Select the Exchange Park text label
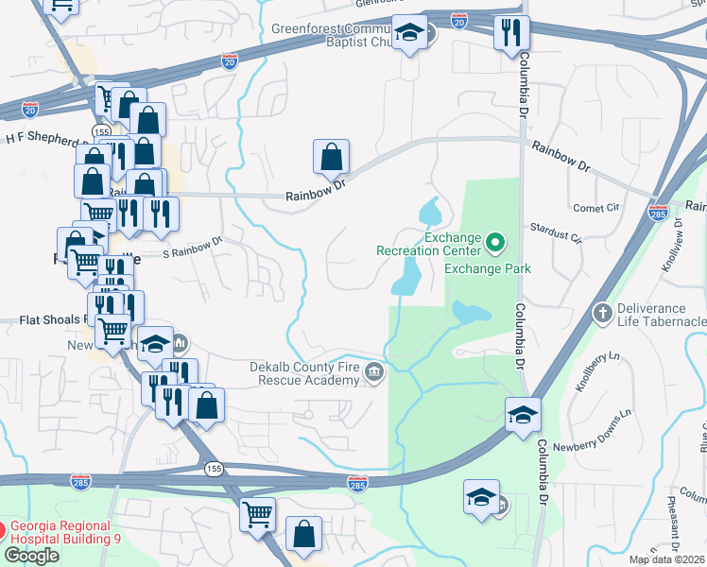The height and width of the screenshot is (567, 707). [x=487, y=268]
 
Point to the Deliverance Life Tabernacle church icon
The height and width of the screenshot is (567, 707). [x=601, y=311]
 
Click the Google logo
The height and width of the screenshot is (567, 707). [x=31, y=556]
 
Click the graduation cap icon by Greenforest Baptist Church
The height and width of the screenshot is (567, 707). [x=409, y=36]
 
